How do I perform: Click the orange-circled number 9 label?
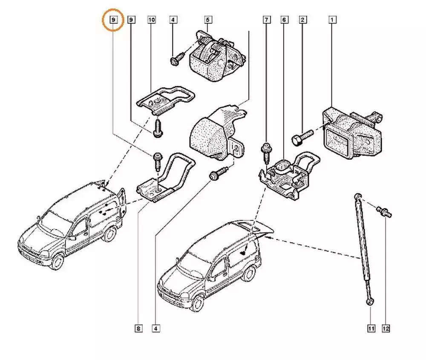(113, 20)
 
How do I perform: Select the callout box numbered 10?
(152, 20)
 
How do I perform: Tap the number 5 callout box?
(208, 20)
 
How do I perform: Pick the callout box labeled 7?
(267, 20)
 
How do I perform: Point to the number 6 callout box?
(285, 20)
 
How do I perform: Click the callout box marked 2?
(303, 20)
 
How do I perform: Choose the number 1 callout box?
(332, 20)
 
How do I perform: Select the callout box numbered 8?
(138, 328)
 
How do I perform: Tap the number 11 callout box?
(370, 328)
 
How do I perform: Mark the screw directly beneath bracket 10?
(158, 128)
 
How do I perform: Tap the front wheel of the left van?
(57, 261)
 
